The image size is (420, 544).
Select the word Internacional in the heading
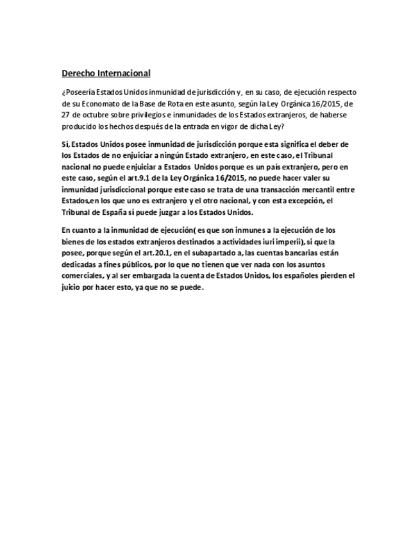point(124,73)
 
